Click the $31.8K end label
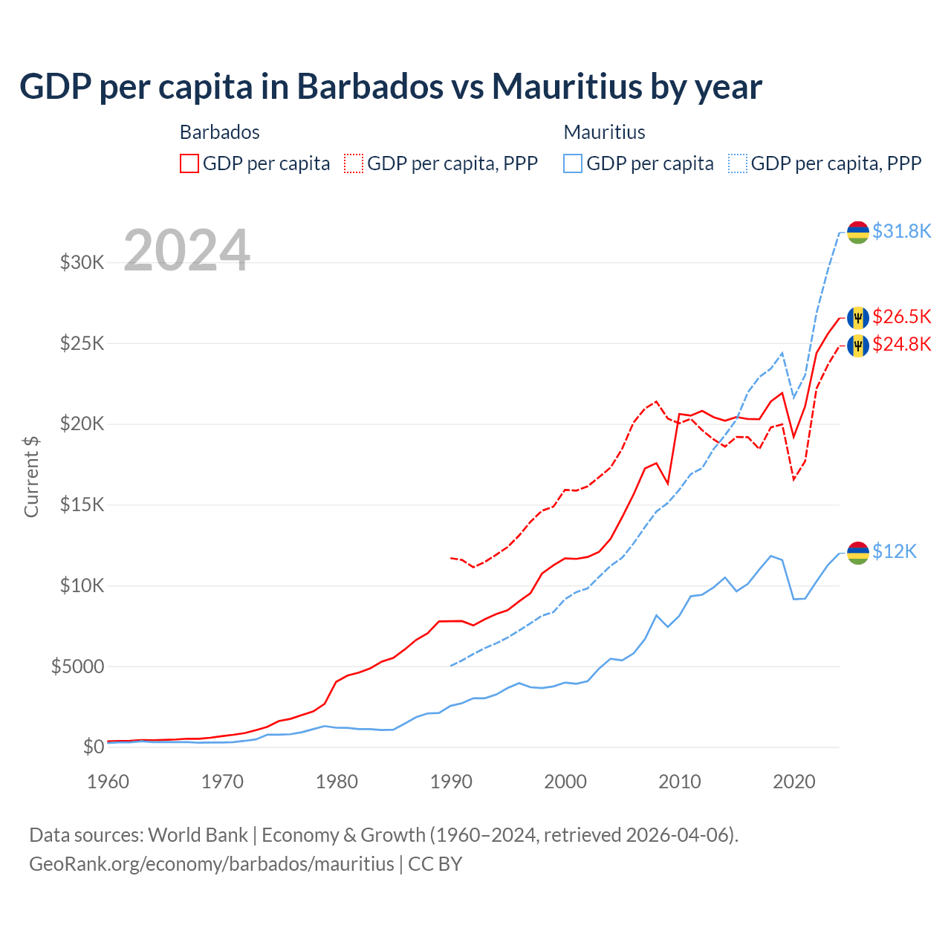[901, 231]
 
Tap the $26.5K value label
[901, 317]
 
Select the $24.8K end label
[901, 344]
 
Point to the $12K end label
[895, 551]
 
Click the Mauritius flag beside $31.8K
[858, 232]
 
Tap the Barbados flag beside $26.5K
[858, 317]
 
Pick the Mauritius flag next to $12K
[858, 553]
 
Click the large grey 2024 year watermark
[186, 250]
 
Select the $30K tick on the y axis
[82, 262]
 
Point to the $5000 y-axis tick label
[77, 666]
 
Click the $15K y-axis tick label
[82, 505]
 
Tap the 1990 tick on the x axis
[451, 782]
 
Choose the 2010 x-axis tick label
[680, 782]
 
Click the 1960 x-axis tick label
[108, 782]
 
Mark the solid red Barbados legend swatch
[189, 163]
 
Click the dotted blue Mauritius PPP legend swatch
[738, 163]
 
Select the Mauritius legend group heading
[604, 132]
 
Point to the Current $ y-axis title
[31, 477]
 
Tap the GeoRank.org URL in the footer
[212, 864]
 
